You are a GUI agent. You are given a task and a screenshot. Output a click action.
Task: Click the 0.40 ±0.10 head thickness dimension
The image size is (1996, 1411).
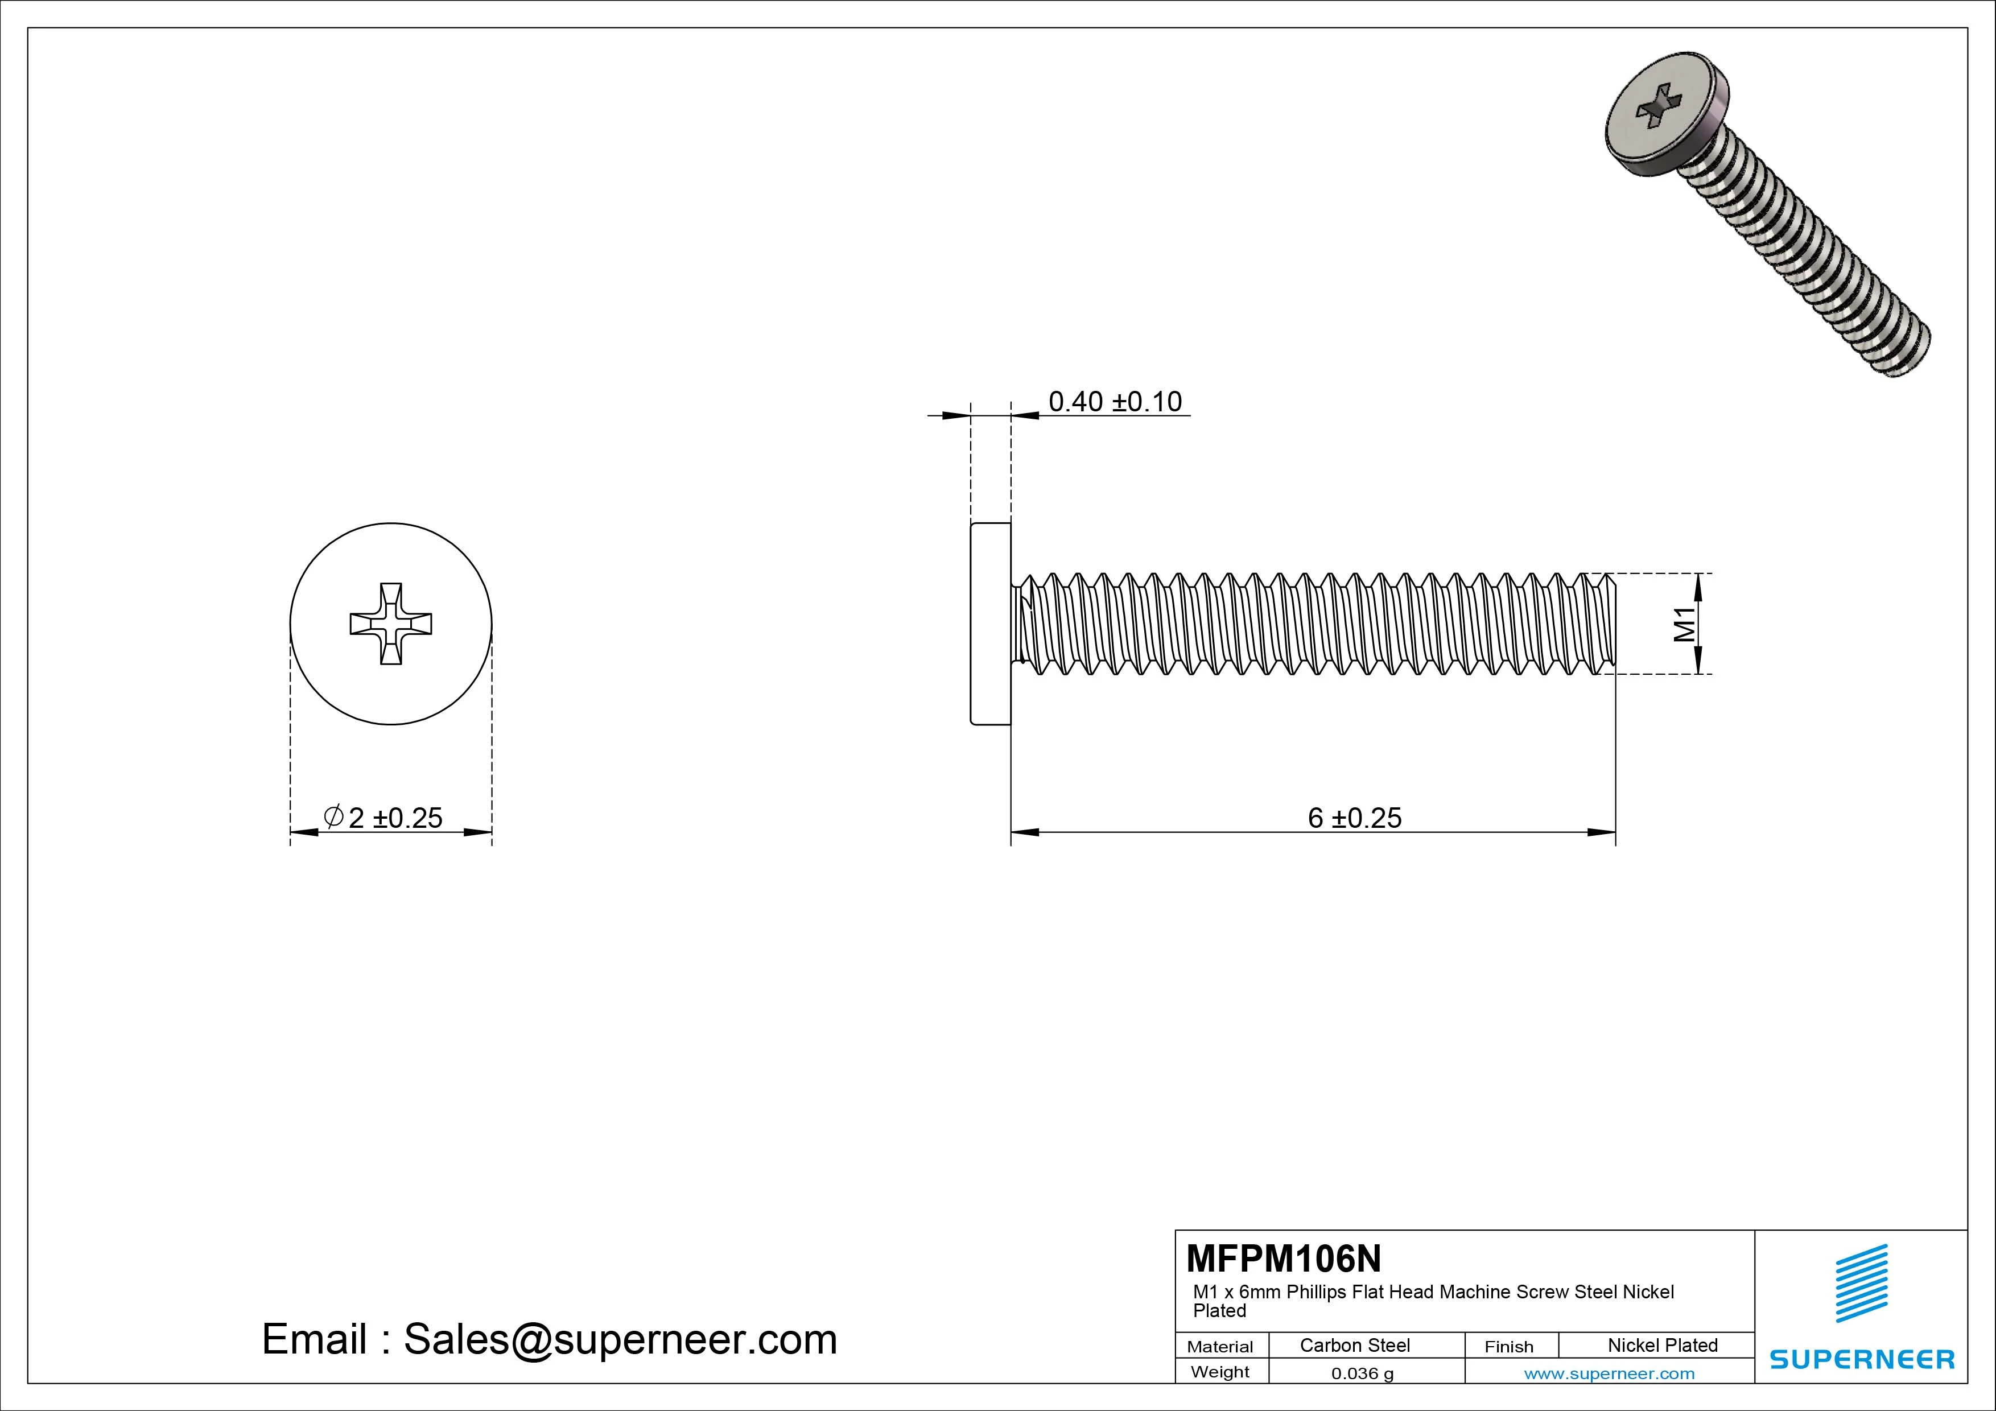[1115, 402]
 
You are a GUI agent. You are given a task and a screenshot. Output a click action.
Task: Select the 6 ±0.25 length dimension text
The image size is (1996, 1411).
[1354, 818]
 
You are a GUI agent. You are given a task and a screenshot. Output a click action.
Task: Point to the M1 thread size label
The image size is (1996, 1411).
[1685, 624]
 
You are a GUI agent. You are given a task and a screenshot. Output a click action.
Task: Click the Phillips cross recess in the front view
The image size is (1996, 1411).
[391, 624]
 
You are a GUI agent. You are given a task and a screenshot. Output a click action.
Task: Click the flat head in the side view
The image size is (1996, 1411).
[990, 624]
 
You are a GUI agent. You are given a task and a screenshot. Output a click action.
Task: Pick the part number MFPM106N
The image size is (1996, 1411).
[1283, 1258]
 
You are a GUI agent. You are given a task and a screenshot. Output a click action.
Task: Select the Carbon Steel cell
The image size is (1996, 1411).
[1354, 1345]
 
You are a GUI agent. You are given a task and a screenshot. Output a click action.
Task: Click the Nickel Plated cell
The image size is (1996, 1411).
[1662, 1345]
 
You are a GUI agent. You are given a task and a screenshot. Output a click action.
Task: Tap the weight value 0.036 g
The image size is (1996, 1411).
[1362, 1373]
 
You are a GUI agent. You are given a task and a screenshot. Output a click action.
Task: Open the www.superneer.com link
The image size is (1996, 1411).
[1609, 1373]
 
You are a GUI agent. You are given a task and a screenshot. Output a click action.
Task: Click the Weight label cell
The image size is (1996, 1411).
[1220, 1372]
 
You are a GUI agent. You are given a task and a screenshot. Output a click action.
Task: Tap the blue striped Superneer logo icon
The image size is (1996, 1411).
[1861, 1283]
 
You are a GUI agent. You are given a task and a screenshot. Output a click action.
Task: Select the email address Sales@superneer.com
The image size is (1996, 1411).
[620, 1339]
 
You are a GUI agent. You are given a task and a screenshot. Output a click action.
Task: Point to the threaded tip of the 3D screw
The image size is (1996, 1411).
[1908, 352]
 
